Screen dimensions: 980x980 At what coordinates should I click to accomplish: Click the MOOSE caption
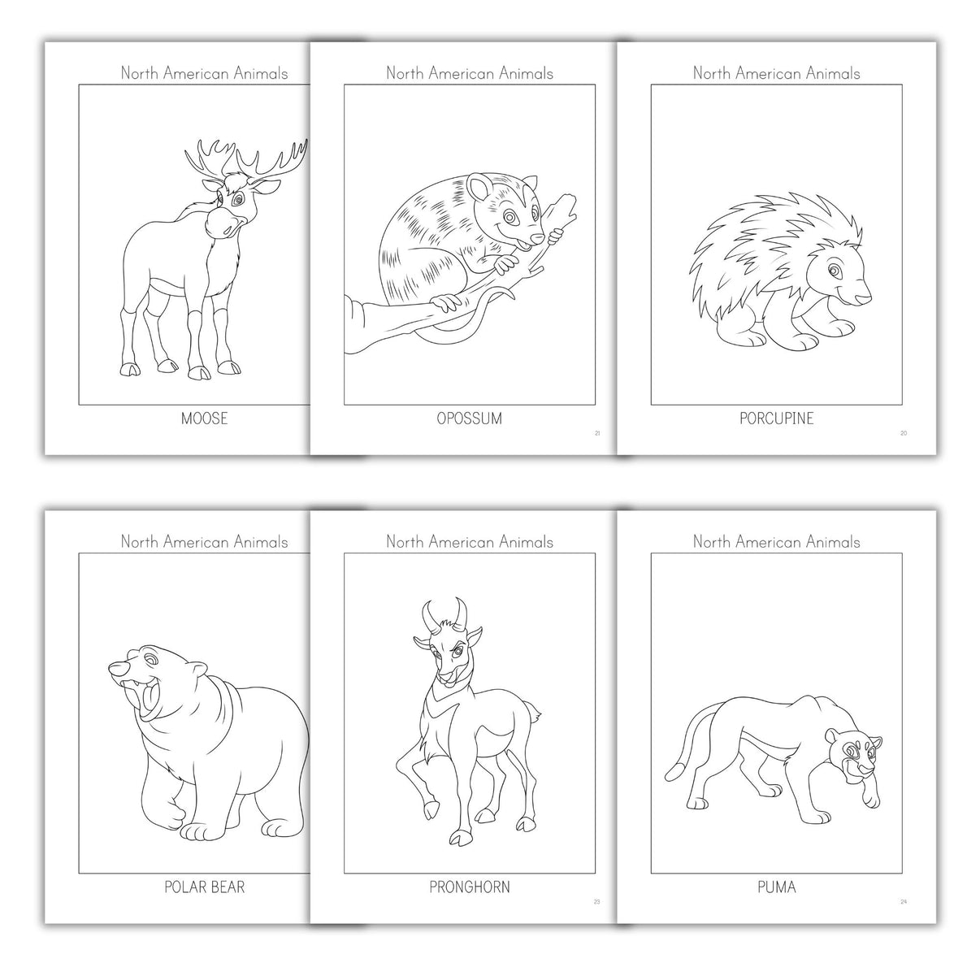pyautogui.click(x=204, y=419)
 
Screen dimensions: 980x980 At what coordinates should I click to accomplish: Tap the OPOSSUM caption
pyautogui.click(x=469, y=419)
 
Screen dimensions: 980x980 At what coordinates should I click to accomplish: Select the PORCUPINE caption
pyautogui.click(x=776, y=419)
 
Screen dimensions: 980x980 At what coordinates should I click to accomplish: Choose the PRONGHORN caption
pyautogui.click(x=469, y=887)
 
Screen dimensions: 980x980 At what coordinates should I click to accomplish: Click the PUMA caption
pyautogui.click(x=776, y=887)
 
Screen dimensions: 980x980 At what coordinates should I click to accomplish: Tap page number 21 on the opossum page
pyautogui.click(x=597, y=433)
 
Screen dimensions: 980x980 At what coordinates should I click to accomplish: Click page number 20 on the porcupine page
pyautogui.click(x=904, y=433)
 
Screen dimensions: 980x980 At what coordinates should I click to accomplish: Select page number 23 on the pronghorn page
pyautogui.click(x=597, y=902)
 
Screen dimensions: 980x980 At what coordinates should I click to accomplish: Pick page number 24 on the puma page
pyautogui.click(x=904, y=902)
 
